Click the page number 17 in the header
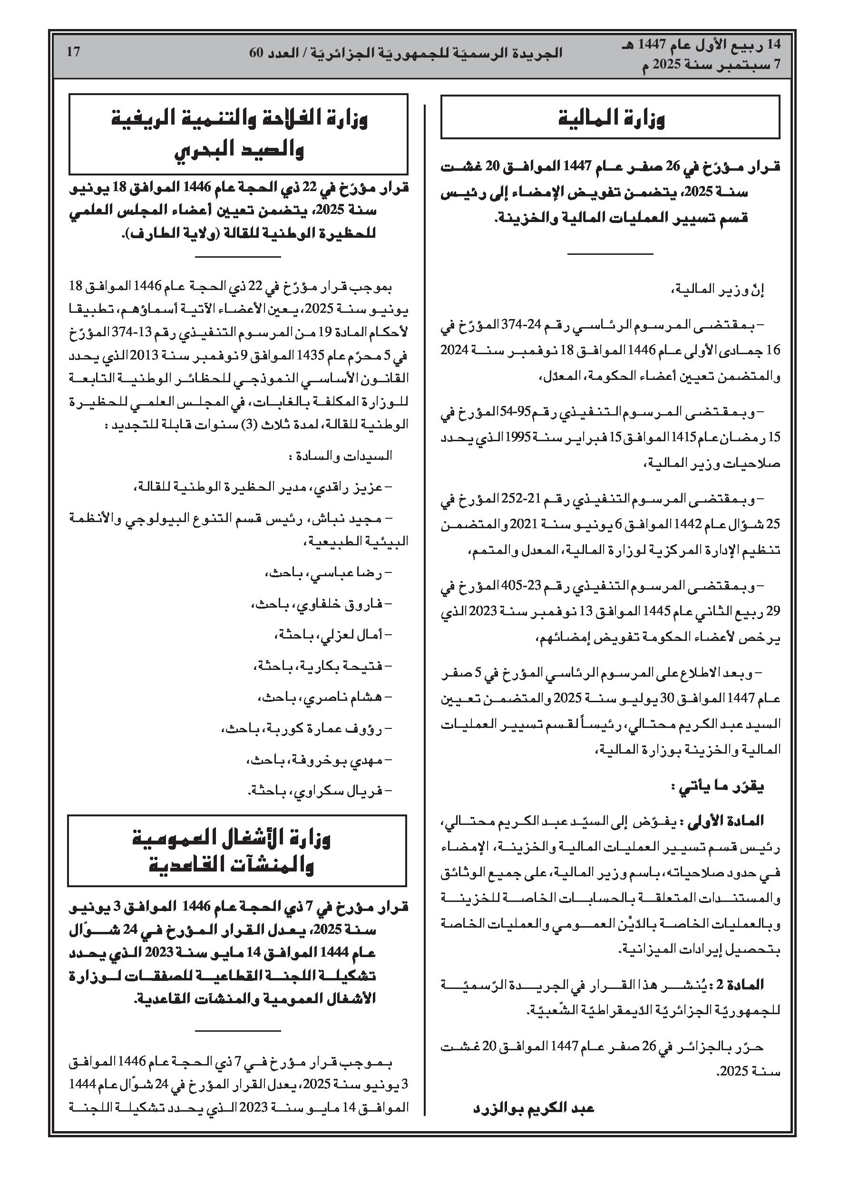(73, 52)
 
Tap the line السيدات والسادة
(340, 456)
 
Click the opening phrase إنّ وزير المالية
(718, 290)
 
